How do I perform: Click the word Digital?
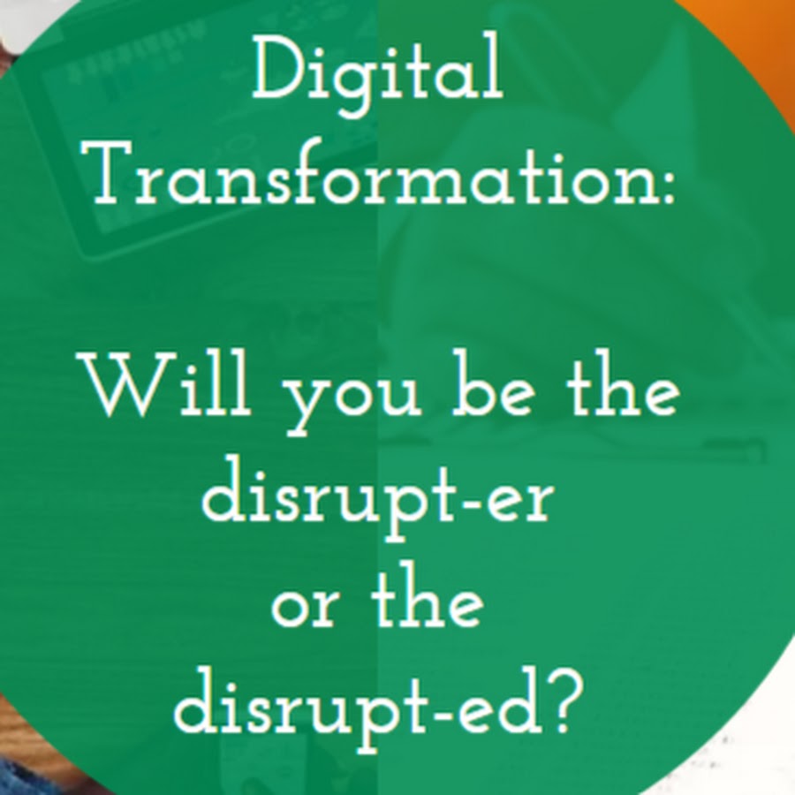point(378,73)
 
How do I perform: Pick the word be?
point(493,384)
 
